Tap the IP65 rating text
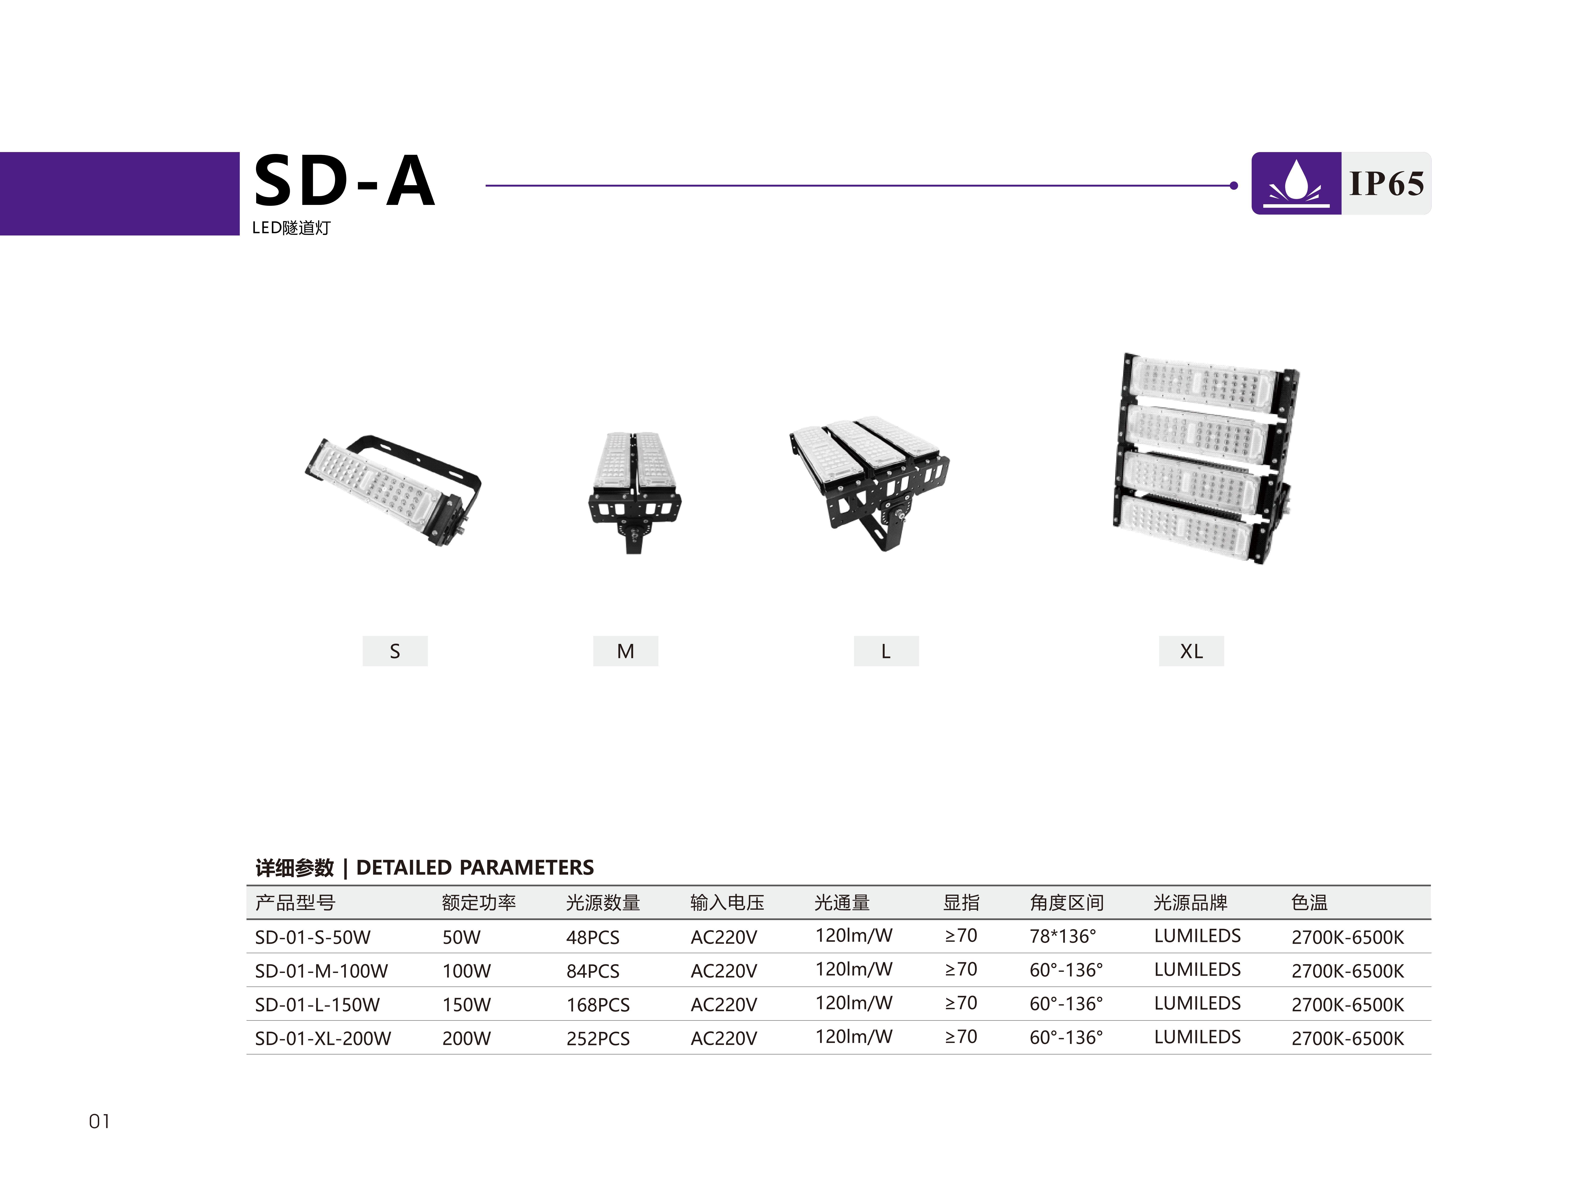(1386, 184)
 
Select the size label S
(395, 651)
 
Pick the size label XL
(1191, 651)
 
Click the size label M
(626, 651)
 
